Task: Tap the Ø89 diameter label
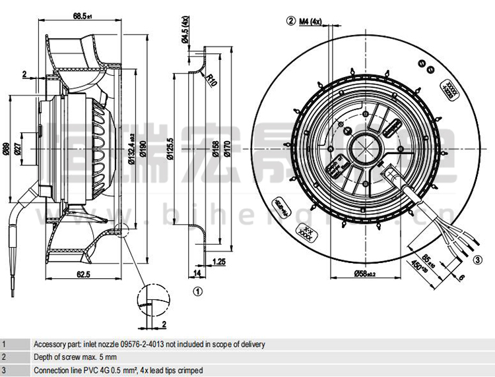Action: pos(7,150)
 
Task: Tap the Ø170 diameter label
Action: pos(226,150)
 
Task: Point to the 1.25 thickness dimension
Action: pos(218,262)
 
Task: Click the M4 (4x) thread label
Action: pos(310,21)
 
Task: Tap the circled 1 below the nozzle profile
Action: pos(196,289)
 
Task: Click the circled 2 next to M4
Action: pos(290,21)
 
